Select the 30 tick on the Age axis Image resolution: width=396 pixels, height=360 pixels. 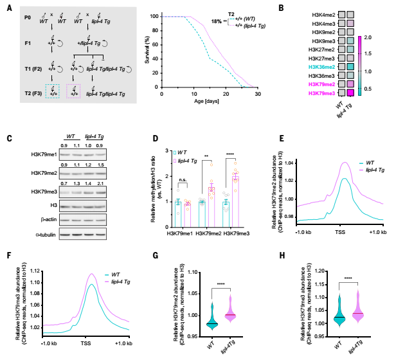coord(258,94)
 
